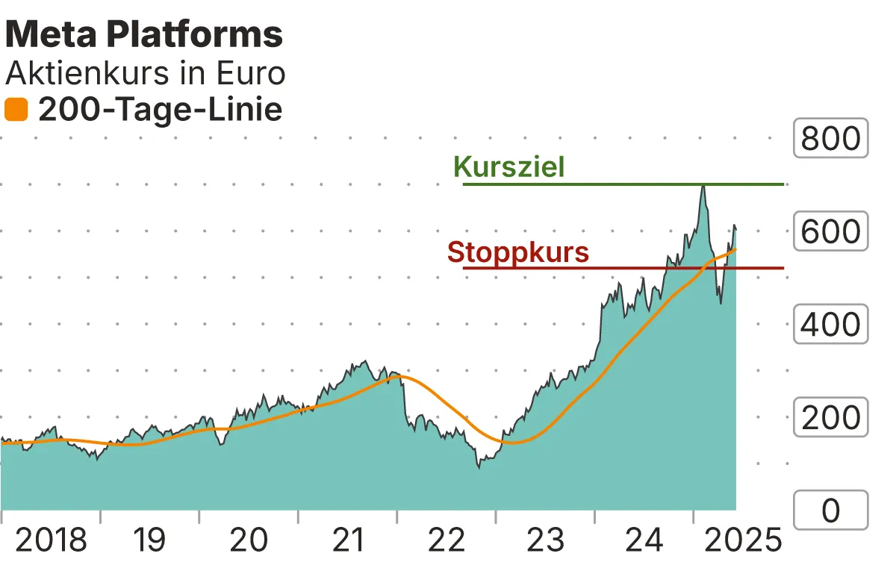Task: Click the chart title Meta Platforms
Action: [x=144, y=34]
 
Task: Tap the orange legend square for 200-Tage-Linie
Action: [x=16, y=110]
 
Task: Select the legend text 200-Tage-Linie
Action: [x=160, y=110]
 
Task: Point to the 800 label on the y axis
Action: [x=830, y=138]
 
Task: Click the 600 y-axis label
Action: [x=830, y=231]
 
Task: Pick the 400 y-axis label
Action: [x=830, y=325]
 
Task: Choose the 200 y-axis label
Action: [x=830, y=418]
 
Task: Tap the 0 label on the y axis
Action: [x=830, y=511]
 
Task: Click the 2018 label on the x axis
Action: [x=51, y=540]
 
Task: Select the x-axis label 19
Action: [x=150, y=540]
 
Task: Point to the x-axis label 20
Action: [x=249, y=540]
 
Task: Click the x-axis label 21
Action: [x=347, y=540]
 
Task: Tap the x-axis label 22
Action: [x=447, y=540]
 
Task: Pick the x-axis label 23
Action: [x=545, y=540]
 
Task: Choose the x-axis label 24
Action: [x=644, y=540]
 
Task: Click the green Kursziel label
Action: [x=509, y=166]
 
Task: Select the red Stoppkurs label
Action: [x=518, y=252]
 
